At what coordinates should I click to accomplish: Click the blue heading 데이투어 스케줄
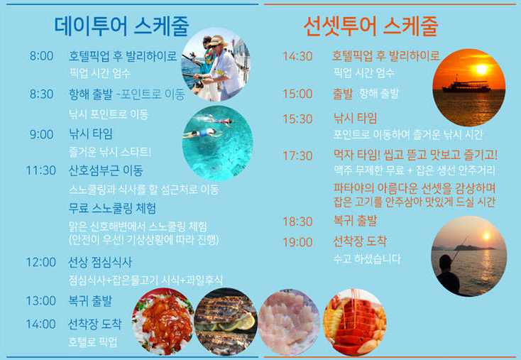[121, 26]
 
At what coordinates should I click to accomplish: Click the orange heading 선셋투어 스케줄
[371, 26]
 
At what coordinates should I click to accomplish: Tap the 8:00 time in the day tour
[41, 56]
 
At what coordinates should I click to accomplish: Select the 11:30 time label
[41, 170]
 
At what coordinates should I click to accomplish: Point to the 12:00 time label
[41, 262]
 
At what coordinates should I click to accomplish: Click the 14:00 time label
[41, 324]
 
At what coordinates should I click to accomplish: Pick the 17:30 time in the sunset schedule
[297, 156]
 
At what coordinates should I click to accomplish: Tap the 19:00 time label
[297, 242]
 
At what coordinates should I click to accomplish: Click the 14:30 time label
[297, 56]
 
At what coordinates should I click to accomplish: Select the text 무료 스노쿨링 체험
[112, 209]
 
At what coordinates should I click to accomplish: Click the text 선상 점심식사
[100, 262]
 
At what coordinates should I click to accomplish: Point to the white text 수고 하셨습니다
[367, 259]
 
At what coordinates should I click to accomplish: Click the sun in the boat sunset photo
[481, 70]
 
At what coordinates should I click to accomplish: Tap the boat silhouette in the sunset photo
[466, 85]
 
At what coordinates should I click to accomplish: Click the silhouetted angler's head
[445, 263]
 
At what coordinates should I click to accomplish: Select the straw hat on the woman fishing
[218, 41]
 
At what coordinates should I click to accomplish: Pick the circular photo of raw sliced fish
[289, 322]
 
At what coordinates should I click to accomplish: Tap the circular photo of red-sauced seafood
[163, 322]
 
